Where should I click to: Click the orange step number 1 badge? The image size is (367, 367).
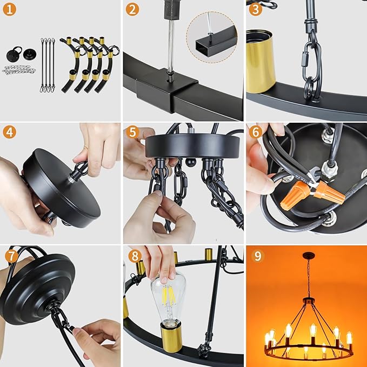pyautogui.click(x=10, y=9)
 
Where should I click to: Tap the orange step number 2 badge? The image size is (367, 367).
pyautogui.click(x=132, y=9)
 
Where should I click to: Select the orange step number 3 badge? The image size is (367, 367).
pyautogui.click(x=255, y=9)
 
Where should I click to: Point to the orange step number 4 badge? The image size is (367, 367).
pyautogui.click(x=10, y=132)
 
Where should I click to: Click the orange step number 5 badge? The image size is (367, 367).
pyautogui.click(x=132, y=132)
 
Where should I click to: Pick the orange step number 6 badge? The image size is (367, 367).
pyautogui.click(x=255, y=132)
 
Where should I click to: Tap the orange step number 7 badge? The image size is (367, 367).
pyautogui.click(x=11, y=256)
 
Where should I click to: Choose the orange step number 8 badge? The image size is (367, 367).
pyautogui.click(x=135, y=256)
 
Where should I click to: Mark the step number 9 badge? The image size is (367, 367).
pyautogui.click(x=258, y=256)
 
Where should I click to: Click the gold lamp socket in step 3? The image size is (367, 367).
pyautogui.click(x=261, y=61)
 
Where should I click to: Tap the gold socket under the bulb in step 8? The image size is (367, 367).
pyautogui.click(x=171, y=337)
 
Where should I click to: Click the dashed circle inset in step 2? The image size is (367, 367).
pyautogui.click(x=211, y=37)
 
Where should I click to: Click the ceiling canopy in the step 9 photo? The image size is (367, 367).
pyautogui.click(x=309, y=255)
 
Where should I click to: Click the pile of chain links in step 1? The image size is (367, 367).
pyautogui.click(x=19, y=70)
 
